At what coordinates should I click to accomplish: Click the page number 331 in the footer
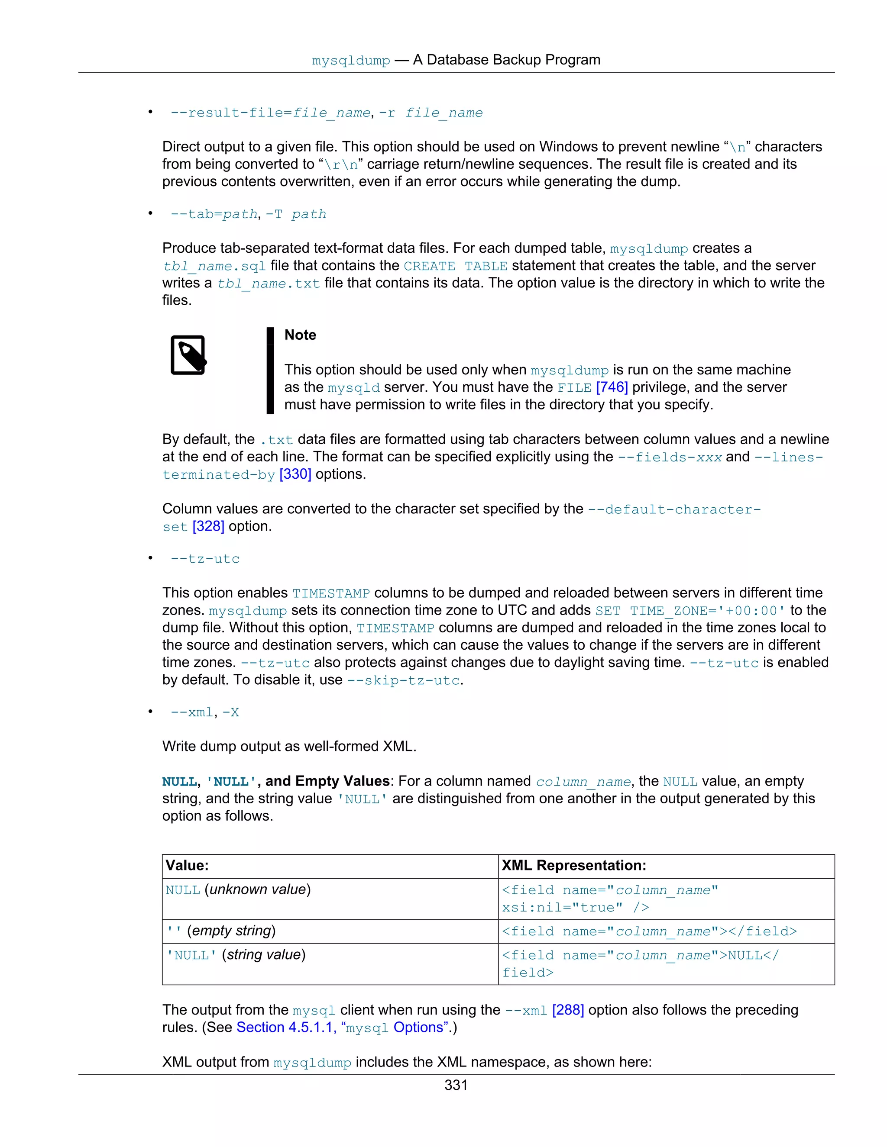coord(456,1085)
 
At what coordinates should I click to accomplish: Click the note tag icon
coord(188,355)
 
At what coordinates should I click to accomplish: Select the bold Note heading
coord(300,335)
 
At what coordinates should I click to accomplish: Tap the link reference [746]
coord(612,387)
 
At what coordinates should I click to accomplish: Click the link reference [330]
coord(295,474)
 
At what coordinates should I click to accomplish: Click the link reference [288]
coord(568,1010)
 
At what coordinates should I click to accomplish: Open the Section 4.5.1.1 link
coord(286,1027)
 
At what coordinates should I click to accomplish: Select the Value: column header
coord(188,866)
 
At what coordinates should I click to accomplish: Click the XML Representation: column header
coord(574,866)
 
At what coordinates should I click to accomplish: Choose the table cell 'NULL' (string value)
coord(236,955)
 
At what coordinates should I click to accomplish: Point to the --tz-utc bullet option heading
coord(205,559)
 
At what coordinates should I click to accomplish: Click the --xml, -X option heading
coord(205,713)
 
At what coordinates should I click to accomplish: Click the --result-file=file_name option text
coord(270,113)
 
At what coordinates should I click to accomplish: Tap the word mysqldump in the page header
coord(351,61)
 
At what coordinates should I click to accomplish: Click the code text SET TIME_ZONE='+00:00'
coord(690,611)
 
